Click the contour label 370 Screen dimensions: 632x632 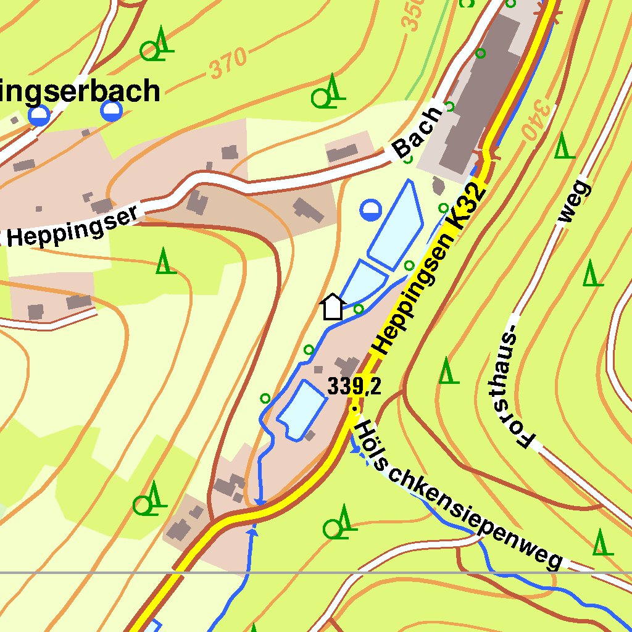pyautogui.click(x=228, y=64)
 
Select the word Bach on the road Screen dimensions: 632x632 pyautogui.click(x=418, y=133)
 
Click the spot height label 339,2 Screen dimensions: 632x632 pyautogui.click(x=354, y=387)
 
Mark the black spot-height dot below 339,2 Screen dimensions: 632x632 pyautogui.click(x=354, y=408)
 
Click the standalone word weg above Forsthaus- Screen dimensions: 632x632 pyautogui.click(x=573, y=202)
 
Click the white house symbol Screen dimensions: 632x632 pyautogui.click(x=333, y=307)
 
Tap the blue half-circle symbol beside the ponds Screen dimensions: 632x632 pyautogui.click(x=370, y=210)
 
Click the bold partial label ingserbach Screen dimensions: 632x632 pyautogui.click(x=80, y=91)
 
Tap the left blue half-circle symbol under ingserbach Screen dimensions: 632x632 pyautogui.click(x=39, y=115)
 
